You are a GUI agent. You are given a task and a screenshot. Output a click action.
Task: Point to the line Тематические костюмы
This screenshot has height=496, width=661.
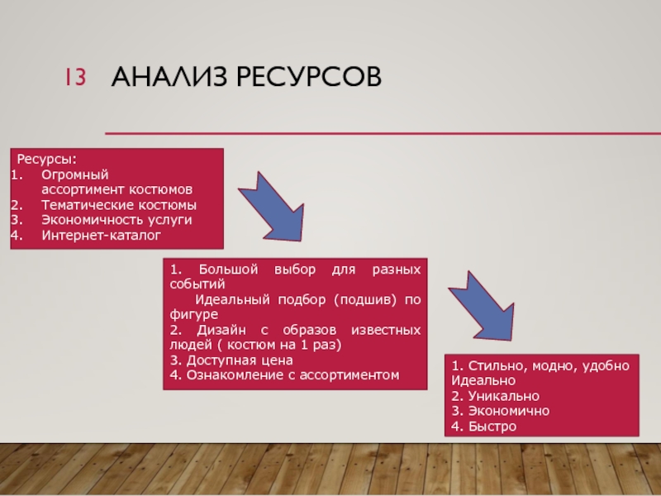119,205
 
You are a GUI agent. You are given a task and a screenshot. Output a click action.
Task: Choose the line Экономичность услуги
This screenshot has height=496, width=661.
117,220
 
